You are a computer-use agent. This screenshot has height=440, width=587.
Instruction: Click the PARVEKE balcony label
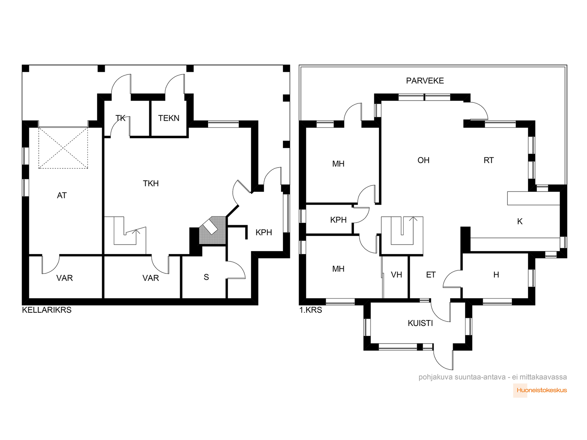425,81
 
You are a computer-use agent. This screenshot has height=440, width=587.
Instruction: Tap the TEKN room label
168,118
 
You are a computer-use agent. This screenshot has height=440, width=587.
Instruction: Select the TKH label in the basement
150,184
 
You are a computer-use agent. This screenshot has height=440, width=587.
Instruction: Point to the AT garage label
62,195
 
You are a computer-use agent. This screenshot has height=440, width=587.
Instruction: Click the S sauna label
206,277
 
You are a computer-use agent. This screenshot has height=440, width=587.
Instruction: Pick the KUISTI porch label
420,323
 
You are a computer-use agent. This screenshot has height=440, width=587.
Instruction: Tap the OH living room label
423,160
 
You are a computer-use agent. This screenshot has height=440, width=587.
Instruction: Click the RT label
489,160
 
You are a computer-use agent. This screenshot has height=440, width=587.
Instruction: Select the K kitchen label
520,221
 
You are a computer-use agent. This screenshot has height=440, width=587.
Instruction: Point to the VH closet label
396,275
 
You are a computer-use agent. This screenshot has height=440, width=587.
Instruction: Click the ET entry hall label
431,275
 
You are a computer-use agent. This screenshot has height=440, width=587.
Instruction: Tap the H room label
496,275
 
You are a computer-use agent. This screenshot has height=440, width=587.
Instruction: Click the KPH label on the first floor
338,220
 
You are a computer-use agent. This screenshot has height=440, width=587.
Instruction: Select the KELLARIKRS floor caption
47,310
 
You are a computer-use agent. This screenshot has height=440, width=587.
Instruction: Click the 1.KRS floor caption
310,310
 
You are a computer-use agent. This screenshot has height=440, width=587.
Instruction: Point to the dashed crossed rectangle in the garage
63,148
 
